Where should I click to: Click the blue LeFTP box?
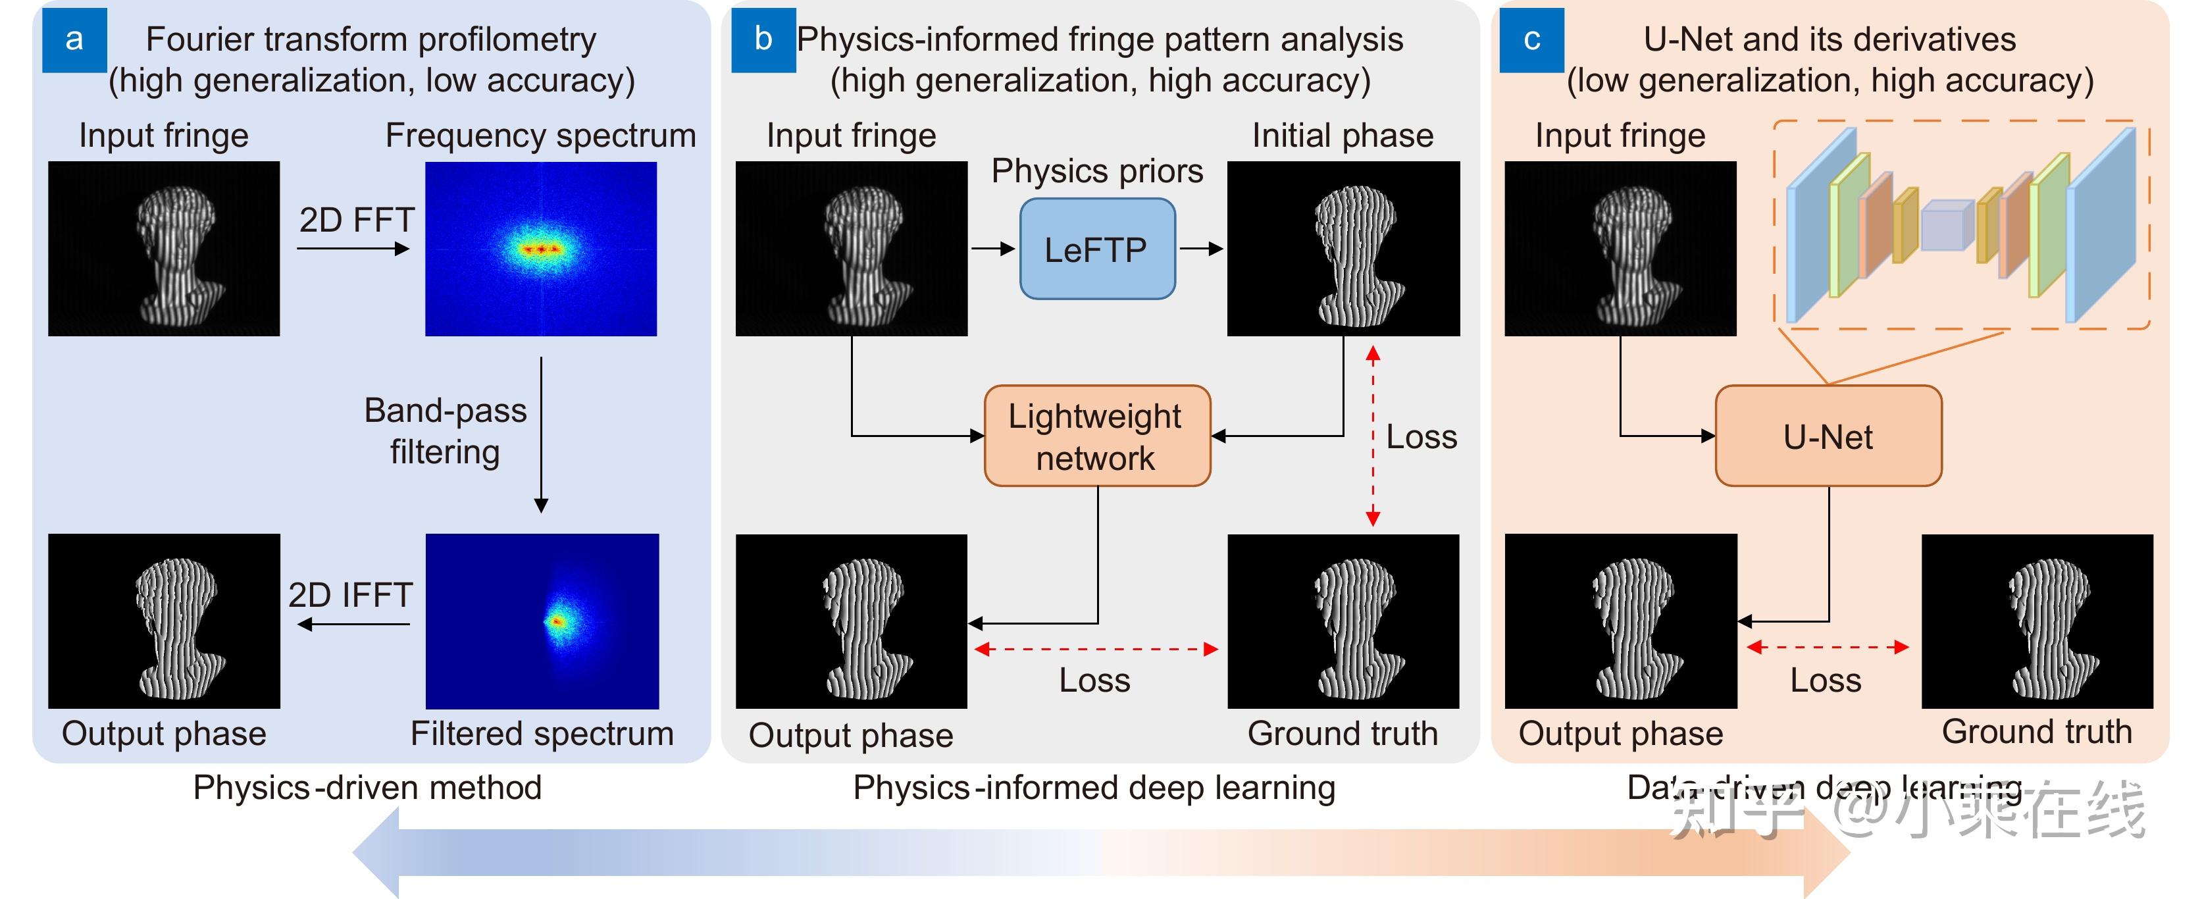[x=1097, y=249]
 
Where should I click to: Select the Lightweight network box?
[x=1097, y=436]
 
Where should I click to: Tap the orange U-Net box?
[x=1828, y=436]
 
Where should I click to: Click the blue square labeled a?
[x=74, y=39]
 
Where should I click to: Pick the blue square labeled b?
[x=763, y=39]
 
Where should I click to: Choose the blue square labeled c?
[x=1532, y=39]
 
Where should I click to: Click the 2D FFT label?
[x=357, y=220]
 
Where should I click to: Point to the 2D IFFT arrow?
[x=354, y=625]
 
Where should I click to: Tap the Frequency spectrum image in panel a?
[x=541, y=249]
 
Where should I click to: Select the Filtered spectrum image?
[x=542, y=621]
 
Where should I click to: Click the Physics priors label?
[x=1097, y=171]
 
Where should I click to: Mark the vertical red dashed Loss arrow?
[x=1373, y=436]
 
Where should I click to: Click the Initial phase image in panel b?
[x=1343, y=249]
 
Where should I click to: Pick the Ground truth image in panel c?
[x=2036, y=621]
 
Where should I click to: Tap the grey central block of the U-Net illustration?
[x=1947, y=226]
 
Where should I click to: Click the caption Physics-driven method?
[x=368, y=787]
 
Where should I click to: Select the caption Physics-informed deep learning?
[x=1094, y=787]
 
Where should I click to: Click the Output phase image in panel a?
[x=164, y=621]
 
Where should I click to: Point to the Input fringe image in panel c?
[x=1620, y=249]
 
